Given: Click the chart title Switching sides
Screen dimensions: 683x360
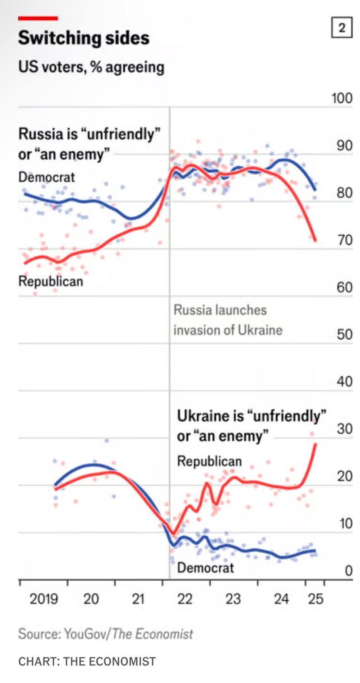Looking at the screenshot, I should click(x=84, y=38).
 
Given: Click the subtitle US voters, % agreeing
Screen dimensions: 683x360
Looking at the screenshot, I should click(x=91, y=67).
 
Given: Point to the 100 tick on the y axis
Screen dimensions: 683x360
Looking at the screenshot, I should click(x=341, y=98).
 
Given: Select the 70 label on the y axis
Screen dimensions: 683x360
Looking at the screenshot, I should click(x=344, y=240).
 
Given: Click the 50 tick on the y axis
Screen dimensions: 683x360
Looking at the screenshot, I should click(x=344, y=334).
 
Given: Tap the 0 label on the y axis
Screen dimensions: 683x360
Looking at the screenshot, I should click(x=348, y=570).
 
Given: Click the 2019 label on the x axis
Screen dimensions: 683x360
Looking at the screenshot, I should click(x=44, y=599).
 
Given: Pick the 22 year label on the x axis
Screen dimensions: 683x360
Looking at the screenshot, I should click(x=185, y=599).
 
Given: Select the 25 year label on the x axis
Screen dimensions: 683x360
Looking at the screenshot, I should click(x=316, y=599).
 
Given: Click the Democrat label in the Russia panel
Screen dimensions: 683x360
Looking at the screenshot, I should click(x=47, y=177).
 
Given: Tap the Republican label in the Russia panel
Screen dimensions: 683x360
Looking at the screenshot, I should click(x=51, y=281).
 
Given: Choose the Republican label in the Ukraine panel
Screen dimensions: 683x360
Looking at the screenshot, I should click(x=209, y=461).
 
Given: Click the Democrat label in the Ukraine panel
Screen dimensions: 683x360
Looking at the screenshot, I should click(x=205, y=567).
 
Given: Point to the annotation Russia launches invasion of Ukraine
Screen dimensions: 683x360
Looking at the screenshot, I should click(x=228, y=320).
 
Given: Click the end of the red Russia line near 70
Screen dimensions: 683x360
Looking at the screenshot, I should click(x=315, y=241).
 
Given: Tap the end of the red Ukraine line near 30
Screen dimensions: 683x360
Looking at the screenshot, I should click(x=316, y=444).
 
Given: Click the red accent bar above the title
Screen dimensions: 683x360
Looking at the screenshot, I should click(x=38, y=18).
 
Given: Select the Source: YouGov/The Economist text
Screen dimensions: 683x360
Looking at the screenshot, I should click(x=106, y=633).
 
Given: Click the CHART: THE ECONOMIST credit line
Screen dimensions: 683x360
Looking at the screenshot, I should click(x=87, y=662).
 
